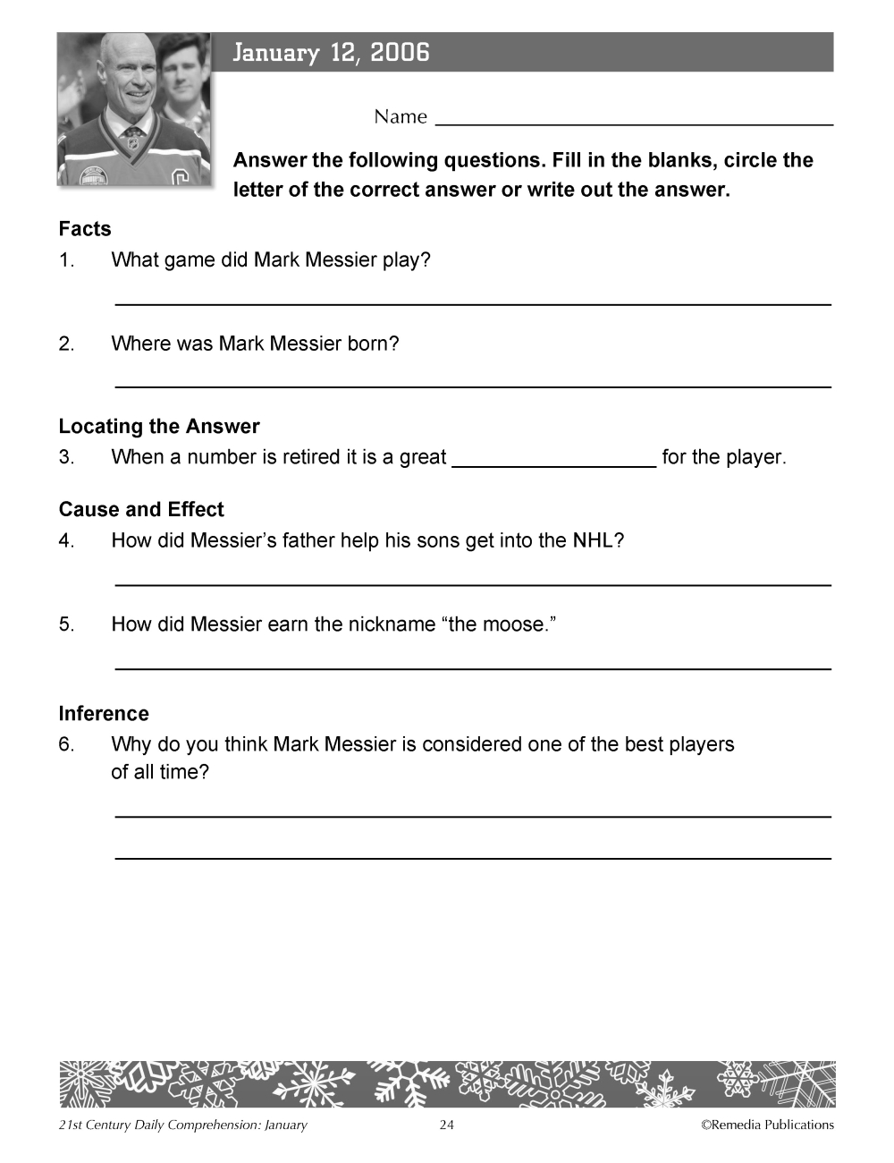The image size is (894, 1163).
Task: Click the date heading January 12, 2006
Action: (x=331, y=53)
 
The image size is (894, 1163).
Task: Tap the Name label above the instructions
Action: (x=401, y=117)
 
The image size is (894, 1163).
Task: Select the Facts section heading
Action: (x=85, y=229)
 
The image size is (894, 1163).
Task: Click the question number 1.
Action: (x=66, y=260)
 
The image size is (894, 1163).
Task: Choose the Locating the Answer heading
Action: (x=159, y=427)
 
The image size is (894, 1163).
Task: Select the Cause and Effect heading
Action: (x=141, y=510)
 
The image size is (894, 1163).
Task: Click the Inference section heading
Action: (x=104, y=714)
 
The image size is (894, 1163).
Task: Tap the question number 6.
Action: (x=66, y=744)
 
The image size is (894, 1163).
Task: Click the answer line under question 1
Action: (x=473, y=305)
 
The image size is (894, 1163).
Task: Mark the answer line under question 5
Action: (x=473, y=668)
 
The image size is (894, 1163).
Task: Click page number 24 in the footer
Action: (x=447, y=1125)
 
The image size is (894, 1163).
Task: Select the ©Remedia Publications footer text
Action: (x=767, y=1125)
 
